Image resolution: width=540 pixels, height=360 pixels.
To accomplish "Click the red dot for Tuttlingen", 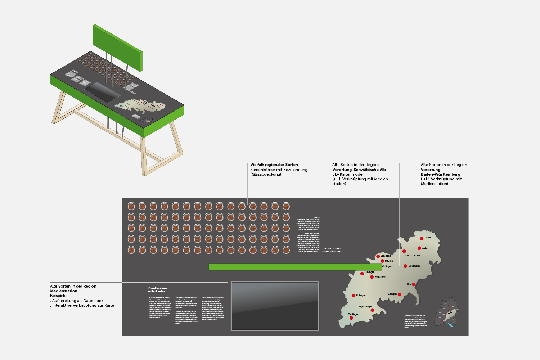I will pos(351,318).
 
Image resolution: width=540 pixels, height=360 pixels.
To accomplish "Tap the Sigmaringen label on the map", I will pos(365,307).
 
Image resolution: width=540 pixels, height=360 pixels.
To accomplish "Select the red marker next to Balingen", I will pos(354,296).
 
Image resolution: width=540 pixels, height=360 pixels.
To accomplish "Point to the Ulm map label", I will pos(409,284).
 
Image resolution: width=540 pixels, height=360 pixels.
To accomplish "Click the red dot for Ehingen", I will pos(400,294).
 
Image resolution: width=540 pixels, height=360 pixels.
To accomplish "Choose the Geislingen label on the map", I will pos(414,266).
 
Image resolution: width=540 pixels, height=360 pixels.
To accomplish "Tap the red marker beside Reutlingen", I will pos(372,277).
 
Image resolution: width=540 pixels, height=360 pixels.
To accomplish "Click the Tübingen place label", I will pos(369,272).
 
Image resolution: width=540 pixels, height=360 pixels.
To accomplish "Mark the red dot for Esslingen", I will pos(378,256).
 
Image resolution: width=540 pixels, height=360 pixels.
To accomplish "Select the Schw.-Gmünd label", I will pos(412,256).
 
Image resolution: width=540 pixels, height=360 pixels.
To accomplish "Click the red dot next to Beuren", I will pos(382,261).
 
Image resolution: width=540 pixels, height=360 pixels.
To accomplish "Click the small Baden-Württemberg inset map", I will pos(447,312).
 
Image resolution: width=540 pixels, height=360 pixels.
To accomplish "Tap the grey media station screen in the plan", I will pos(275,306).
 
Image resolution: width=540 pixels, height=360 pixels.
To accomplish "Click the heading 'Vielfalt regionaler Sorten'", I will pos(274,165).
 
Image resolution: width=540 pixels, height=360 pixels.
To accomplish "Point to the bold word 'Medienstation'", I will pos(64,291).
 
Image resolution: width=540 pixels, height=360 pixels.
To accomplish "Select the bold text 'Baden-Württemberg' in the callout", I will pos(440,174).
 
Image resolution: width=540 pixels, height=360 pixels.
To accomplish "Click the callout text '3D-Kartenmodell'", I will pos(348,174).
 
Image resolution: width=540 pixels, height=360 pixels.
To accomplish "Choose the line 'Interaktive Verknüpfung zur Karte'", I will pos(83,305).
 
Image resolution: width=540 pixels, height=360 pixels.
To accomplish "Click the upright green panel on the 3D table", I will pos(117,46).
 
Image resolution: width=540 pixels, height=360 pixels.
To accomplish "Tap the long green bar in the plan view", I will pos(295,267).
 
